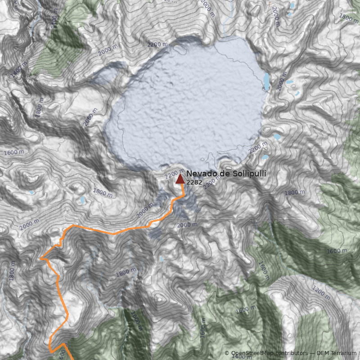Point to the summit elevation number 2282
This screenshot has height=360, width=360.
(194, 182)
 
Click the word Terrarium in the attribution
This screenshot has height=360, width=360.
(343, 353)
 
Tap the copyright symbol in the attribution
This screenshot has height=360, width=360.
(226, 353)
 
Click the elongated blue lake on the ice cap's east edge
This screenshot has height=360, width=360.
(266, 81)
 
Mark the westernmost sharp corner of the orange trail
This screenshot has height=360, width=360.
(41, 259)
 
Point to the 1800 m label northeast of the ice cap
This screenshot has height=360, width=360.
(349, 18)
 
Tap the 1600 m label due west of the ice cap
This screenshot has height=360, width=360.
(13, 153)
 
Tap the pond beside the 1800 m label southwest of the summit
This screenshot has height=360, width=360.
(83, 200)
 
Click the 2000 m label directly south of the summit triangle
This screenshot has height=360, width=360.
(187, 225)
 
